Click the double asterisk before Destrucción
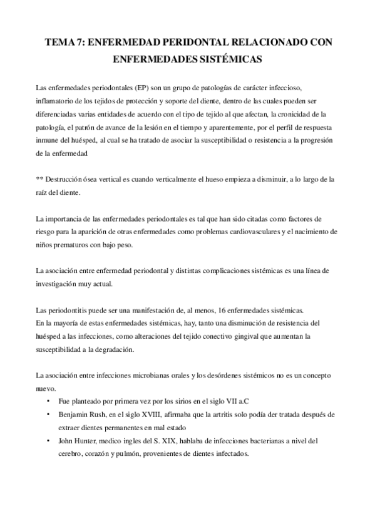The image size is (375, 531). pyautogui.click(x=40, y=180)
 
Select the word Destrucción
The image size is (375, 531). pyautogui.click(x=65, y=180)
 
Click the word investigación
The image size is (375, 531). pyautogui.click(x=61, y=284)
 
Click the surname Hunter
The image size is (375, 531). pyautogui.click(x=92, y=441)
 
